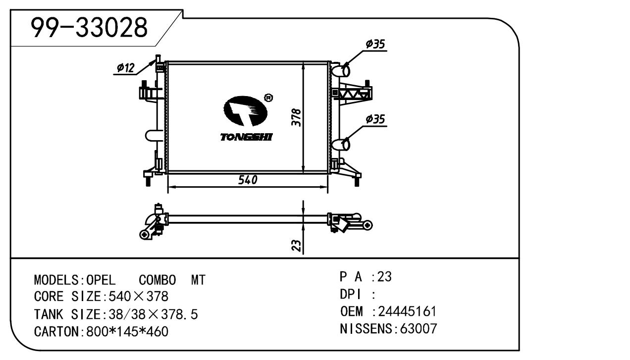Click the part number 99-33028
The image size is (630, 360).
pyautogui.click(x=90, y=28)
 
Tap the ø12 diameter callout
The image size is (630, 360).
pyautogui.click(x=126, y=68)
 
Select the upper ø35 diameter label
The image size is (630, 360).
pyautogui.click(x=375, y=44)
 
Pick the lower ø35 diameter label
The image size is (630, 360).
pyautogui.click(x=375, y=119)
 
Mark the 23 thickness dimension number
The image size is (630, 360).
pyautogui.click(x=296, y=245)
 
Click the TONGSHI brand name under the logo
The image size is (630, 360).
pyautogui.click(x=246, y=137)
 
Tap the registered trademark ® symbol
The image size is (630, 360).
pyautogui.click(x=268, y=98)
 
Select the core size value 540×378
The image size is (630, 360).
pyautogui.click(x=135, y=297)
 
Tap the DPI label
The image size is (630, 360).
pyautogui.click(x=350, y=294)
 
